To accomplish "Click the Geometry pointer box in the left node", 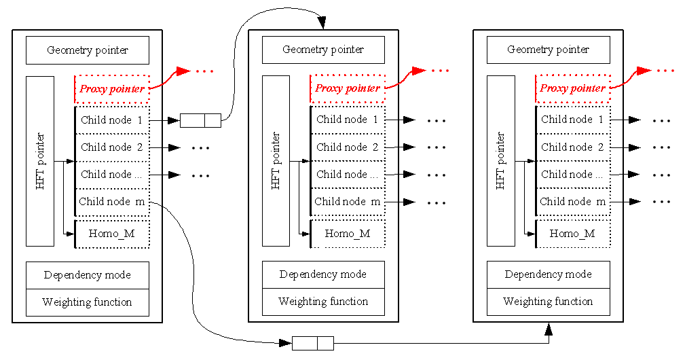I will tap(87, 50).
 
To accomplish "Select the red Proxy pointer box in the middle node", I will tap(348, 88).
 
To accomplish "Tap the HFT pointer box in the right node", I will tap(501, 161).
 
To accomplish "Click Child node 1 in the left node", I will tap(111, 120).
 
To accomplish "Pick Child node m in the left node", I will tap(111, 202).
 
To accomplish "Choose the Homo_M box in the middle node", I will tap(348, 234).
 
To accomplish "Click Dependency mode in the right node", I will tap(548, 274).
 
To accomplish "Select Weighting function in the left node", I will tap(87, 302).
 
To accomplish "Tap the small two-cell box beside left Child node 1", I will tap(200, 121).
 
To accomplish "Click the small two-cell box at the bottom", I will tap(313, 343).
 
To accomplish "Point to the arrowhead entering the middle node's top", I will tap(323, 24).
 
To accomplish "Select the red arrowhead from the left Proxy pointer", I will tap(183, 71).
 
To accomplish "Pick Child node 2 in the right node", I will tap(572, 147).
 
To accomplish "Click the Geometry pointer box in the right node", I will tap(549, 50).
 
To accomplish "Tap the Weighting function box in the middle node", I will tap(323, 302).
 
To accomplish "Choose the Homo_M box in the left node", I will tap(111, 234).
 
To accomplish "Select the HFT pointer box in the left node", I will tap(40, 161).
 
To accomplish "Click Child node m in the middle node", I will tap(348, 202).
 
